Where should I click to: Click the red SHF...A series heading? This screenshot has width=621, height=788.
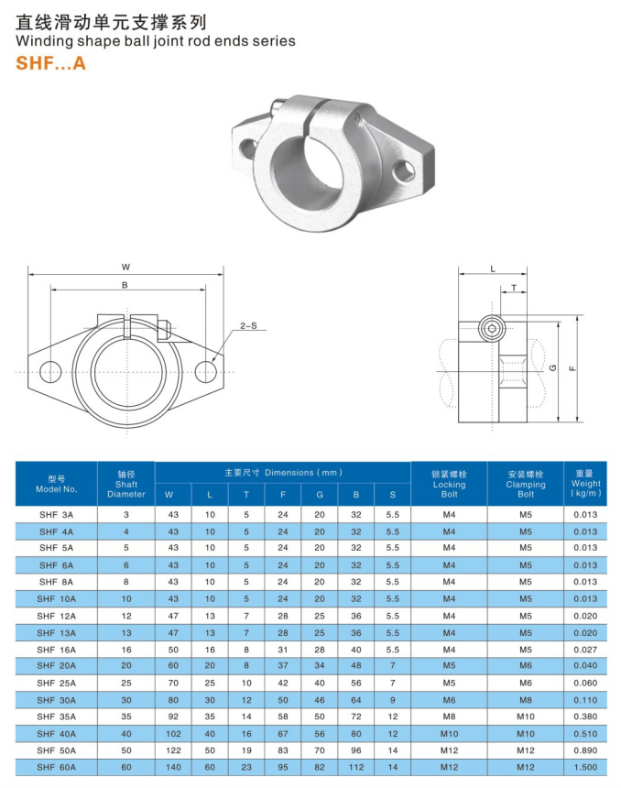pos(51,64)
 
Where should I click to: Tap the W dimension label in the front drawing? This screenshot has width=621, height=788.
pos(125,268)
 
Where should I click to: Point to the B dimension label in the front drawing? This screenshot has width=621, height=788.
pos(125,285)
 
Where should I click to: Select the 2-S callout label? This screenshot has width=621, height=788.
pos(247,325)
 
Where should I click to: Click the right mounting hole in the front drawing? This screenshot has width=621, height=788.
pos(206,370)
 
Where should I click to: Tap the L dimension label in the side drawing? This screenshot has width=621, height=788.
pos(493,268)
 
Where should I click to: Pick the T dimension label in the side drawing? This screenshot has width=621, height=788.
pos(514,287)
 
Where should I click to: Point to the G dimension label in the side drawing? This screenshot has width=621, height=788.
pos(553,367)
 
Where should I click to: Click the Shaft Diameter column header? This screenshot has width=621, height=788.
pos(126,485)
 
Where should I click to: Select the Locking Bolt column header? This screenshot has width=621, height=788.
pos(449,485)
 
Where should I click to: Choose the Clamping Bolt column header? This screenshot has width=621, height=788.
pos(525,485)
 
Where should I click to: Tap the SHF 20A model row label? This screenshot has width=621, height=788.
pos(57,666)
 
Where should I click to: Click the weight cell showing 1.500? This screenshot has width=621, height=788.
pos(585,767)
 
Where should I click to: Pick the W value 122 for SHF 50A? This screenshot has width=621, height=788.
pos(172,750)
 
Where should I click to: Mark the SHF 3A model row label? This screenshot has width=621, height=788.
pos(57,515)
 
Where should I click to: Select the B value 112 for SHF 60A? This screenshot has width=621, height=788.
pos(356,767)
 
